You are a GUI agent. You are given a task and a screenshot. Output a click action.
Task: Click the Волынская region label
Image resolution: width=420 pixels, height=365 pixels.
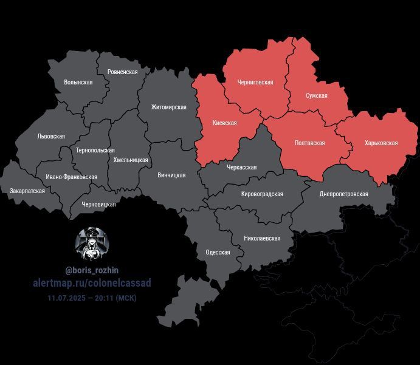tap(78, 82)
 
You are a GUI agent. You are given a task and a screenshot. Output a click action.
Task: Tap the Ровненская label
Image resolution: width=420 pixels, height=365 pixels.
tap(122, 72)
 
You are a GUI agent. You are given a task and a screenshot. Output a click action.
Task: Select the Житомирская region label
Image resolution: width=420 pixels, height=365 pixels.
tap(169, 107)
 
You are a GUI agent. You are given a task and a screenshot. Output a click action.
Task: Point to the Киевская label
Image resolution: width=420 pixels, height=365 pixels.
tap(224, 123)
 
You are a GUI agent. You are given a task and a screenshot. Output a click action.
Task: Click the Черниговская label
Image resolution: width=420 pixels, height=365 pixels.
tap(255, 82)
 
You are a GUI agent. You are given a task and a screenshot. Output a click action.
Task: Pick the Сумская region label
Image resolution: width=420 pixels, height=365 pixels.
tap(317, 96)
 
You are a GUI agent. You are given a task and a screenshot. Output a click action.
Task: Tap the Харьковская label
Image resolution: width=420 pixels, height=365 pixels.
tap(381, 143)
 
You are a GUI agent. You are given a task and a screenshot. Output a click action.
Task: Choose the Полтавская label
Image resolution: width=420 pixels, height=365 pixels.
tap(309, 143)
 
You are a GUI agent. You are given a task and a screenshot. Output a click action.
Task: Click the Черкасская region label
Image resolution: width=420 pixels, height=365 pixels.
tap(241, 168)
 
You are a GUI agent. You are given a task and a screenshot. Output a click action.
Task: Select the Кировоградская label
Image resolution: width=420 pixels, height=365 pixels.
tap(262, 194)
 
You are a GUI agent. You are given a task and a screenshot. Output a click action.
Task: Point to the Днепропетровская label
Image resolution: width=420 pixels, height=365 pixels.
tap(344, 194)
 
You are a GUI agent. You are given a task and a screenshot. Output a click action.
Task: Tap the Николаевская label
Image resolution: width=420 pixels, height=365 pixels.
tap(262, 239)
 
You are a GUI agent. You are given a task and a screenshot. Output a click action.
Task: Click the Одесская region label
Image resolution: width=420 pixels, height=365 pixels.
tap(218, 253)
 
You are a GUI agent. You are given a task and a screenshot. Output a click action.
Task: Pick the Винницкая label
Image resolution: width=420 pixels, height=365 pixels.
tap(171, 176)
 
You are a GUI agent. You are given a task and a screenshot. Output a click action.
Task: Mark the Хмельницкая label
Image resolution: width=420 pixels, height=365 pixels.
tap(131, 160)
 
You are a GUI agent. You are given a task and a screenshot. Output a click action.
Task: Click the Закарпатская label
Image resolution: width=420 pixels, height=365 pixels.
tap(27, 191)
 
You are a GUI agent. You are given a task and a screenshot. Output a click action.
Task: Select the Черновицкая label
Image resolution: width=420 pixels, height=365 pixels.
tap(98, 205)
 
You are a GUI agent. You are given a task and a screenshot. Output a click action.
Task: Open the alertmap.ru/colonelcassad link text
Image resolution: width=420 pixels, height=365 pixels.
tap(92, 283)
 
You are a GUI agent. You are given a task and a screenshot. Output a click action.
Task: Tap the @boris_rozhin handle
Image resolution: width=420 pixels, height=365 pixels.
tap(92, 270)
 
